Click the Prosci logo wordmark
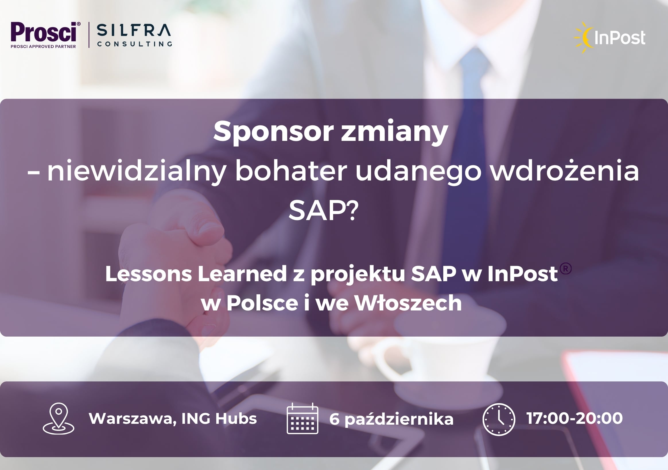coord(44,32)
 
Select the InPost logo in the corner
coord(610,38)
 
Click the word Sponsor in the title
coord(273,132)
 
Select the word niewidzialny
coord(137,171)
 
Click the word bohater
coord(291,170)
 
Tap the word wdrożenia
coord(564,171)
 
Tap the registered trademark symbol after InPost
coord(566,269)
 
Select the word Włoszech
coord(408,303)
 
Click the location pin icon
coord(59,418)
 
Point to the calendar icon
coord(302,418)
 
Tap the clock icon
coord(499,419)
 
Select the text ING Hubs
coord(219,418)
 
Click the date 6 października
coord(391,419)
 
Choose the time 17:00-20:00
coord(575,418)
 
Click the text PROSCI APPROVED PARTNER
coord(43,46)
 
